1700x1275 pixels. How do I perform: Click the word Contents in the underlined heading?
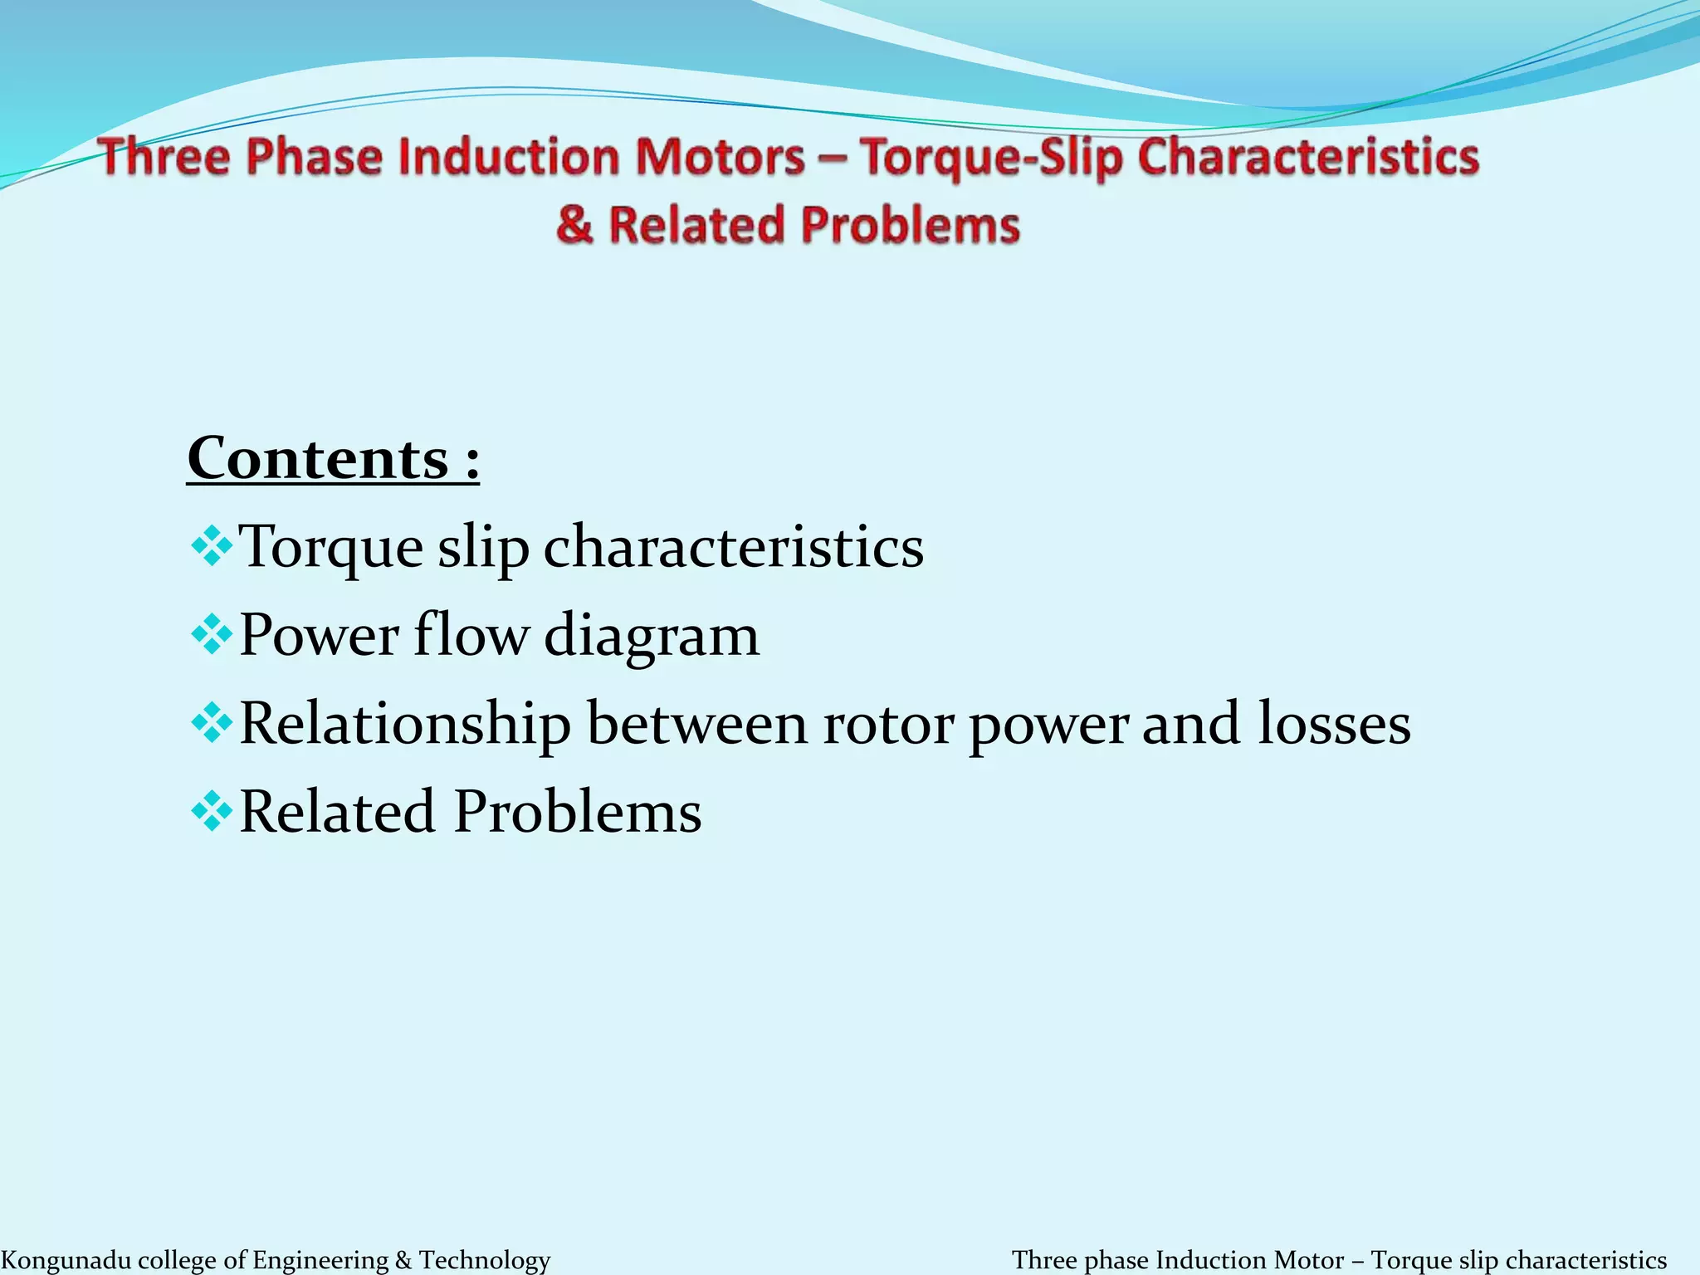[318, 459]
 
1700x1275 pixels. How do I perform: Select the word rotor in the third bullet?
[888, 724]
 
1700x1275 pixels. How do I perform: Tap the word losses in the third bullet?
[1334, 724]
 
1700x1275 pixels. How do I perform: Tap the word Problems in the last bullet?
[578, 812]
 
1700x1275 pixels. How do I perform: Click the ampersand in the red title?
[575, 226]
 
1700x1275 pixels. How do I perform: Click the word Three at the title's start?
[161, 158]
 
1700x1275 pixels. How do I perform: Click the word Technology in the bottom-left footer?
[484, 1260]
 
